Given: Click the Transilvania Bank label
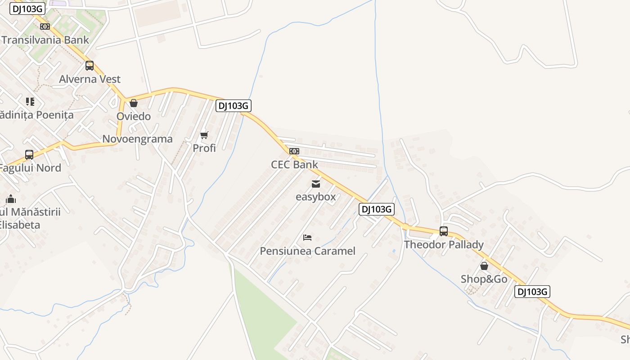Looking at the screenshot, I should click(45, 40).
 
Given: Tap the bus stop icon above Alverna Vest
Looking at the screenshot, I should click(90, 66).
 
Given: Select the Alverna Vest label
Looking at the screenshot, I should click(90, 79).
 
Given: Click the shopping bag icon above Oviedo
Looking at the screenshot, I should click(134, 103).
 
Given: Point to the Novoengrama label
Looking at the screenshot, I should click(137, 139).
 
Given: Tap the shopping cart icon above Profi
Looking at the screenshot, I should click(204, 135).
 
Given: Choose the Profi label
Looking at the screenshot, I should click(204, 148).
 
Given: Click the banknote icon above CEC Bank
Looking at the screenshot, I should click(294, 151).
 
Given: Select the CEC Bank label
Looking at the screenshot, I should click(294, 165).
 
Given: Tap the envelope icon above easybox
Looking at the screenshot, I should click(316, 184).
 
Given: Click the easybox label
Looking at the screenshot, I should click(316, 197).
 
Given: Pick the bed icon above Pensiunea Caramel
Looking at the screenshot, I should click(307, 237).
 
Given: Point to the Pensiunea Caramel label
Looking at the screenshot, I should click(308, 251).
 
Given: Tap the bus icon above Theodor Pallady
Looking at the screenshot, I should click(444, 231).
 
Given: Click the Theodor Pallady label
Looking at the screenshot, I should click(444, 245).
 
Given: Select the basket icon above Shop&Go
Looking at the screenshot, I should click(484, 266).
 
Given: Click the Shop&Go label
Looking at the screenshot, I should click(484, 279).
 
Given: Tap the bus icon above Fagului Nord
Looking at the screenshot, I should click(29, 155).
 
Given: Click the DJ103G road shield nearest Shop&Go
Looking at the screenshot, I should click(532, 292).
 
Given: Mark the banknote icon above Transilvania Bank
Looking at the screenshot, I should click(45, 27).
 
